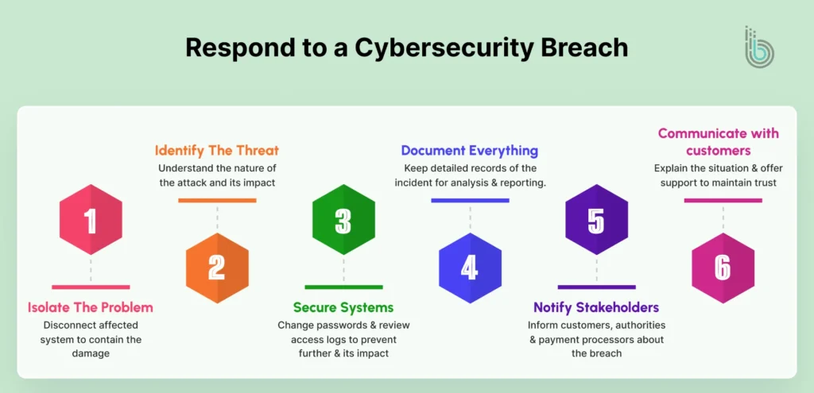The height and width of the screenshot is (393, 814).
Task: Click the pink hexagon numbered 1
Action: pyautogui.click(x=91, y=220)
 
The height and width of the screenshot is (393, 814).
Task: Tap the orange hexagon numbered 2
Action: pyautogui.click(x=217, y=268)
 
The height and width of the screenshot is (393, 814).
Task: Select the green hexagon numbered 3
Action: pyautogui.click(x=343, y=220)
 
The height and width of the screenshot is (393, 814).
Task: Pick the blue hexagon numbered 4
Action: pyautogui.click(x=470, y=268)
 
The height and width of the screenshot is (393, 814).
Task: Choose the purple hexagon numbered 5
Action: pyautogui.click(x=596, y=220)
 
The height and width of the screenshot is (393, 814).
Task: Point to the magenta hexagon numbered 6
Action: pyautogui.click(x=723, y=268)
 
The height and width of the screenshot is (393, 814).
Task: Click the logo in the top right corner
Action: pyautogui.click(x=758, y=47)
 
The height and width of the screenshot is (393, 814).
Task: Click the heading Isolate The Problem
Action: pyautogui.click(x=91, y=307)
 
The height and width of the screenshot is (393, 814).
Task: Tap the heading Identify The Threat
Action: pyautogui.click(x=217, y=150)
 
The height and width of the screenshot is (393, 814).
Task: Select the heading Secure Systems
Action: pyautogui.click(x=343, y=307)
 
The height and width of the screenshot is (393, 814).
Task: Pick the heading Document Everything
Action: pyautogui.click(x=470, y=150)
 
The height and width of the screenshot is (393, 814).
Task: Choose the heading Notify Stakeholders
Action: pyautogui.click(x=596, y=307)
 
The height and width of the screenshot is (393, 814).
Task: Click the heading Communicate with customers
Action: pyautogui.click(x=718, y=141)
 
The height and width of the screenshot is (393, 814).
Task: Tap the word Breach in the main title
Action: pyautogui.click(x=585, y=48)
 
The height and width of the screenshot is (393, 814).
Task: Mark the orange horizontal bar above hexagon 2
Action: pyautogui.click(x=217, y=200)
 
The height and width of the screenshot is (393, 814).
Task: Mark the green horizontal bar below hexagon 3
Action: pyautogui.click(x=343, y=287)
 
